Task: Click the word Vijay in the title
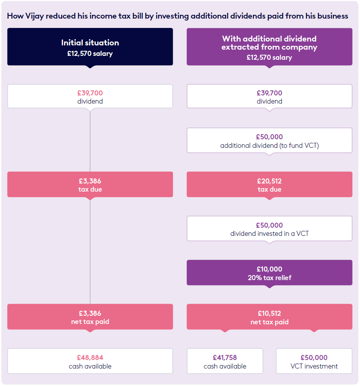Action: tap(33, 16)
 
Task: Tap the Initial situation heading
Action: tap(90, 43)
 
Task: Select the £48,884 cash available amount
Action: tap(90, 358)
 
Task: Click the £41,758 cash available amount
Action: tap(225, 358)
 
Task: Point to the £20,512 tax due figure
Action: tap(270, 181)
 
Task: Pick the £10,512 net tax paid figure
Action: tap(270, 313)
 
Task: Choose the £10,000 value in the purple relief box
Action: tap(270, 269)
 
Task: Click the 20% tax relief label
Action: tap(270, 278)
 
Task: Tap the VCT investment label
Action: tap(314, 366)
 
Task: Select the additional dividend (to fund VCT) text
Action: tap(270, 146)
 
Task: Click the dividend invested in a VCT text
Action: tap(270, 234)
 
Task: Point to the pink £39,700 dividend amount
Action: tap(90, 93)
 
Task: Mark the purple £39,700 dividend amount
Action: tap(270, 93)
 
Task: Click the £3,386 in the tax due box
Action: tap(90, 181)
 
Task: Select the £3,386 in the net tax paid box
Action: tap(90, 313)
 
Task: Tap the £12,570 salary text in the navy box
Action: tap(90, 54)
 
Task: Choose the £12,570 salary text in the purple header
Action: tap(270, 57)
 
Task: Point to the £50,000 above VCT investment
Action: tap(314, 358)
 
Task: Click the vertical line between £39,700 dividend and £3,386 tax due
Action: tap(90, 140)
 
